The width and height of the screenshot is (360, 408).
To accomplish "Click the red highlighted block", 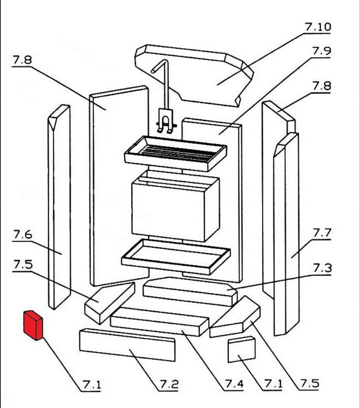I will point(33,325).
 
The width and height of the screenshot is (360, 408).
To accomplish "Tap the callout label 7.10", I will point(318,27).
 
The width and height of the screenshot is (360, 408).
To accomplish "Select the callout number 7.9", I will point(322,51).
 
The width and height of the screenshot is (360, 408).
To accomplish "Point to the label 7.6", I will point(22,235).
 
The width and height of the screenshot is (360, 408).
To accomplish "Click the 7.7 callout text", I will point(322,233).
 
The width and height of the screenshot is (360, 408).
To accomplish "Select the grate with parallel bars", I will point(175,150).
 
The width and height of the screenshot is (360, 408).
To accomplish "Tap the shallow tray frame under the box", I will point(175,255).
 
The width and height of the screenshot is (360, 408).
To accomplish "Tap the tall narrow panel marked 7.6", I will point(58,208).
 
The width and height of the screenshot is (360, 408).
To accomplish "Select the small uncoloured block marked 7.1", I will point(241,349).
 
